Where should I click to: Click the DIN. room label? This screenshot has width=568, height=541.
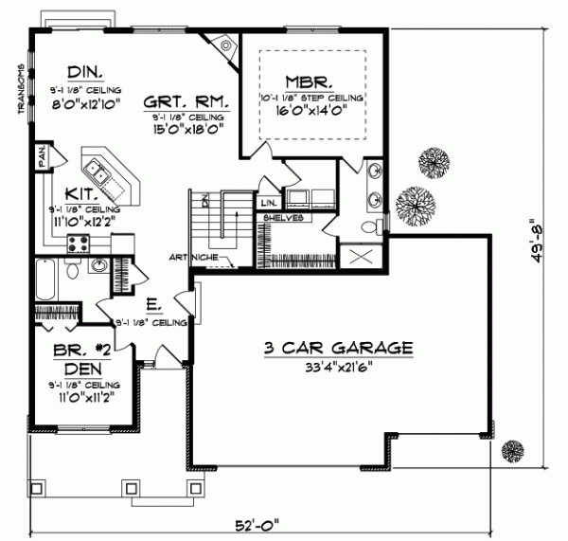click(x=86, y=70)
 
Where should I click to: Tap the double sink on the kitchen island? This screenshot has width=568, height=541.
click(x=98, y=171)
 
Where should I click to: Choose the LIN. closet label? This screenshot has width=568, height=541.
click(x=269, y=202)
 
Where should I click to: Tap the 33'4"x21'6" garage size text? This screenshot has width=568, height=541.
click(x=338, y=368)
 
